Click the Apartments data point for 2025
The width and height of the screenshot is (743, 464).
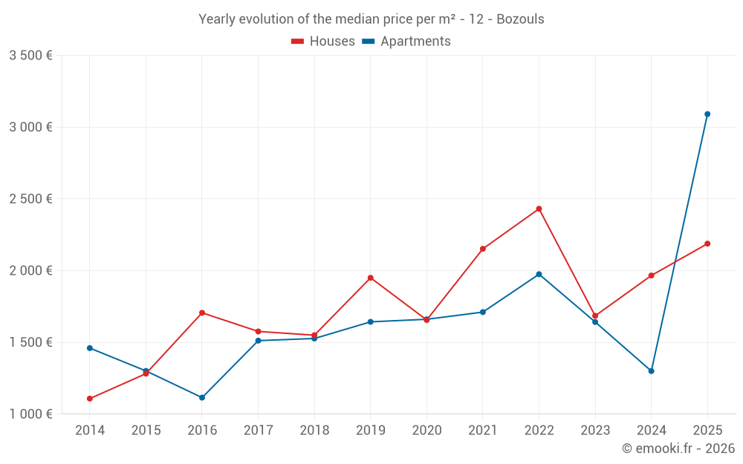coord(707,114)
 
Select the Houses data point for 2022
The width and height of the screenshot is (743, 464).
coord(539,209)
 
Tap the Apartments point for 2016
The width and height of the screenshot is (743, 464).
coord(202,398)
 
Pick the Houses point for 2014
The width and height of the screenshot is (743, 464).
coord(90,399)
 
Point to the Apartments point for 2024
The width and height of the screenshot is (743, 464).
coord(651,371)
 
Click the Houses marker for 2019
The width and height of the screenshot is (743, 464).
coord(370,278)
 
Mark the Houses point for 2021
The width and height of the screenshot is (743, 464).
coord(483,249)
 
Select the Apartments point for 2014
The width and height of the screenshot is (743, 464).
coord(90,348)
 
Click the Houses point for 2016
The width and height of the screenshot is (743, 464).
coord(202,313)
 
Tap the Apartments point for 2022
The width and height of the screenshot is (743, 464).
coord(539,274)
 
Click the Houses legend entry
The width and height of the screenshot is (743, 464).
coord(323,42)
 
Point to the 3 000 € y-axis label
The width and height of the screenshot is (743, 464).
coord(30,127)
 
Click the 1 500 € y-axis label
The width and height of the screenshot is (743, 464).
coord(30,342)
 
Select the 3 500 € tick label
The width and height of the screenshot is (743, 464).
coord(30,55)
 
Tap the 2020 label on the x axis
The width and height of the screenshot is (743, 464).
coord(426,431)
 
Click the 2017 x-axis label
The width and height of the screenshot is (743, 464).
coord(258,431)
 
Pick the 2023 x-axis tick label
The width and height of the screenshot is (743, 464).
coord(595,431)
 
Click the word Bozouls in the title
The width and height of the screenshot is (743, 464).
coord(519,19)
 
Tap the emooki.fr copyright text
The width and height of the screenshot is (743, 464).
coord(678,448)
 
